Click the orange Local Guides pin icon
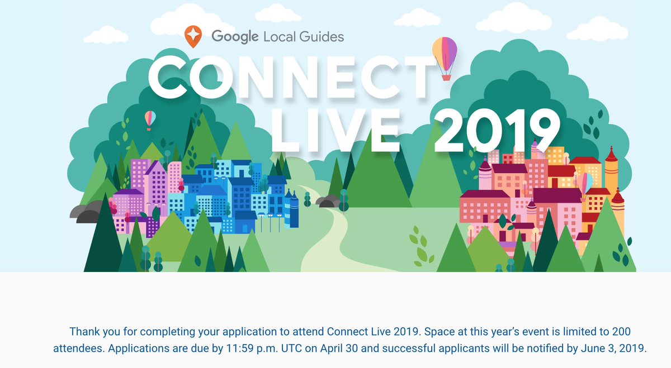click(192, 36)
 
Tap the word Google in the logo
click(234, 37)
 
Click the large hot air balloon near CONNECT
click(445, 53)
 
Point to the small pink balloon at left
click(150, 118)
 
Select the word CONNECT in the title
click(291, 79)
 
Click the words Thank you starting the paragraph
click(91, 332)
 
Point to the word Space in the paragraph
click(436, 332)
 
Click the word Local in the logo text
click(279, 37)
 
